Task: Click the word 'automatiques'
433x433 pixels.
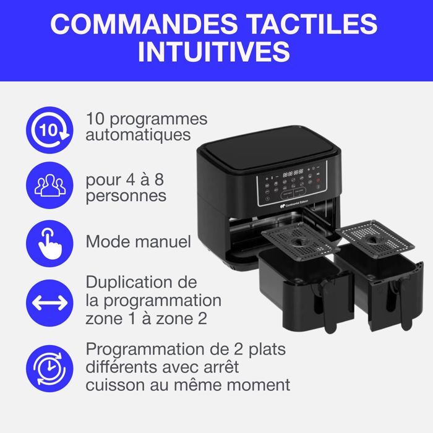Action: pos(139,134)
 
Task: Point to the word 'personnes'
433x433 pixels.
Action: pos(126,197)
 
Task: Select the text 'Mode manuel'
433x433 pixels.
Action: pos(139,242)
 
